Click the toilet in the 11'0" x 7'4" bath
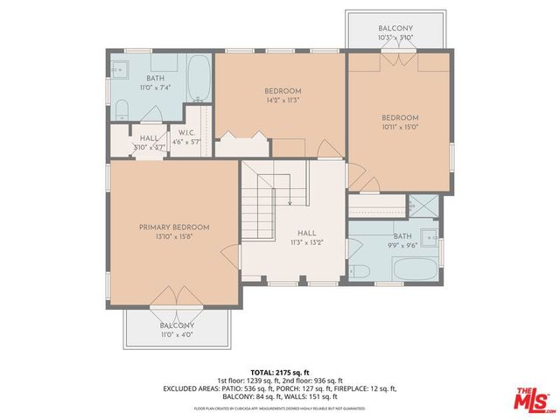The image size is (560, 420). click(x=122, y=110)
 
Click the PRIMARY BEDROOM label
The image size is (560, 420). click(x=173, y=227)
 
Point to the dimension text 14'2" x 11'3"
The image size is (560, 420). click(x=283, y=101)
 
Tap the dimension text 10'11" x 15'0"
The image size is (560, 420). click(x=400, y=128)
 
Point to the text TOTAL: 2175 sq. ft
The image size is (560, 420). click(x=280, y=373)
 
